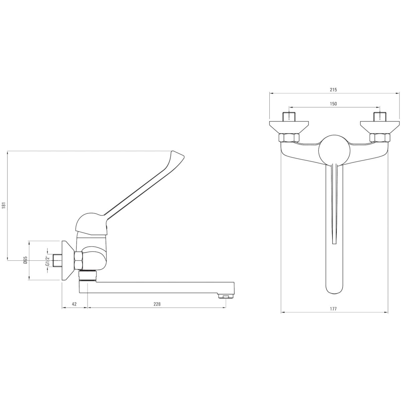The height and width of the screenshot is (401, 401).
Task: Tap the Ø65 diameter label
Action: point(25,261)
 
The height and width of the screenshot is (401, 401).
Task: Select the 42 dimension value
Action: point(74,304)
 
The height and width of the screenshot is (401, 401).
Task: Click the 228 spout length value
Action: point(157,304)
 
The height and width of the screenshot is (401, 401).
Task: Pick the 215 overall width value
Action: point(333,90)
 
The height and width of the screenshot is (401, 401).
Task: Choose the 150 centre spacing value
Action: point(333,104)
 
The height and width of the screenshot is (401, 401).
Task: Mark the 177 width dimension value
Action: point(333,309)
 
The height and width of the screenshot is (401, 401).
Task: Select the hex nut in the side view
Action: point(79,261)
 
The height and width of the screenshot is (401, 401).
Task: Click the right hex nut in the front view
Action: point(380,138)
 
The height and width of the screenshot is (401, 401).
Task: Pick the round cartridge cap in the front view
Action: point(334,150)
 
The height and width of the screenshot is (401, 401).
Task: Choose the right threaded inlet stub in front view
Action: point(380,117)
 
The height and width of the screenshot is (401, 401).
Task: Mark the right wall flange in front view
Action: point(380,127)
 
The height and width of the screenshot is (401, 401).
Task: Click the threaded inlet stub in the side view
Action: point(58,260)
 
